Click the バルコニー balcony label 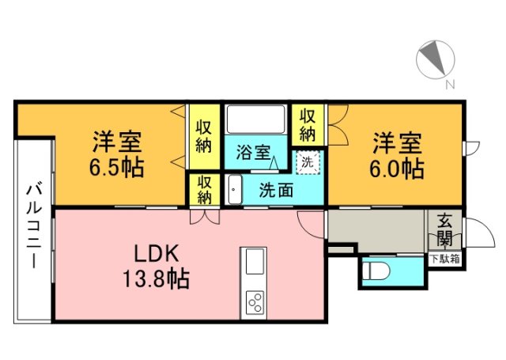point(34,226)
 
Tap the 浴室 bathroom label point(253,153)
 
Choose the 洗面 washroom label point(277,190)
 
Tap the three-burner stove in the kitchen point(256,302)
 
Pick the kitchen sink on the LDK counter point(255,262)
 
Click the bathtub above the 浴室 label point(255,119)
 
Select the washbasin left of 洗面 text point(234,190)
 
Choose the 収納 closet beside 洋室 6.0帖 point(308,123)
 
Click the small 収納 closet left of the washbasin point(204,190)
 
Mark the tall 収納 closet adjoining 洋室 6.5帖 point(204,135)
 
